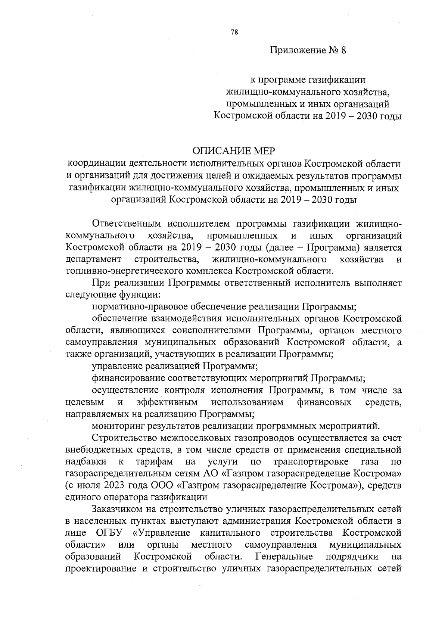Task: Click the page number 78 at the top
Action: pyautogui.click(x=234, y=32)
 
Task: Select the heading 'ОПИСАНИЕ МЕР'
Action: pyautogui.click(x=233, y=151)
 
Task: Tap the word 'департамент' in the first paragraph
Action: pyautogui.click(x=93, y=259)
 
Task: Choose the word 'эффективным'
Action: pyautogui.click(x=167, y=402)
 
